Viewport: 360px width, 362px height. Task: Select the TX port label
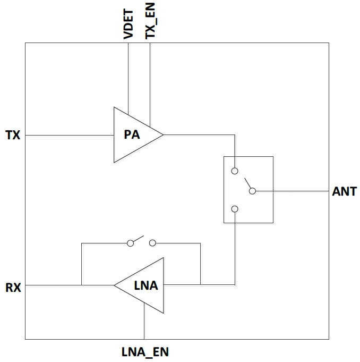[13, 135]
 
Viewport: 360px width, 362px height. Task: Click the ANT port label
[344, 191]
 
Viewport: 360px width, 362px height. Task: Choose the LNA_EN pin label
[145, 351]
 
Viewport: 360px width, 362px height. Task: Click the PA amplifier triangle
[133, 135]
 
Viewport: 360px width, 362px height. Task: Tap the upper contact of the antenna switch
[235, 171]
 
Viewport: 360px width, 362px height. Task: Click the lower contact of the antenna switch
[235, 209]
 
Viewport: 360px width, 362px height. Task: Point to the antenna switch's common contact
[253, 191]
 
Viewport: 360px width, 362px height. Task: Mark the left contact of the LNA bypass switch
[130, 243]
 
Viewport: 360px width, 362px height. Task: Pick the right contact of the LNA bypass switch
[152, 243]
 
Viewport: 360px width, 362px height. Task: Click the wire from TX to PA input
[69, 135]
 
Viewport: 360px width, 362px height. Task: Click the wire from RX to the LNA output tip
[53, 286]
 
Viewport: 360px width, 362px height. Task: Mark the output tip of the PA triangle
[162, 135]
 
